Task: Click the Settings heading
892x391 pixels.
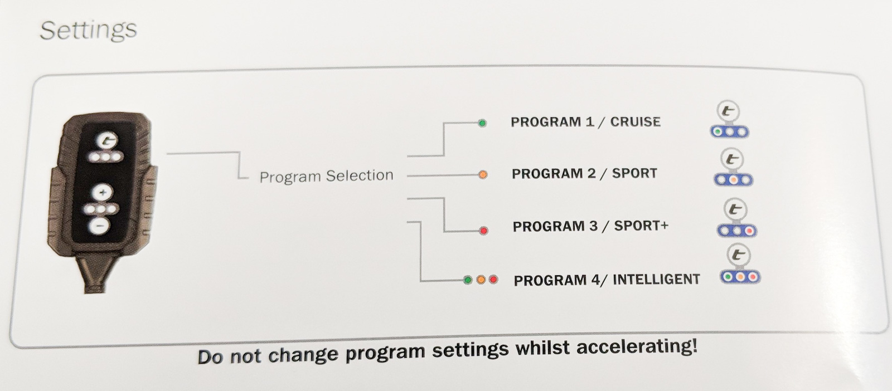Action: (x=89, y=31)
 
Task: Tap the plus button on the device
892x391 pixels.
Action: (x=103, y=193)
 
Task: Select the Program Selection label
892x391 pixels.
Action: (x=326, y=176)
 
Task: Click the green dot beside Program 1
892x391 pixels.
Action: (x=482, y=123)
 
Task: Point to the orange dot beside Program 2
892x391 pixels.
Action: (x=483, y=175)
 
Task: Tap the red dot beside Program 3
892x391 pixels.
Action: (x=483, y=231)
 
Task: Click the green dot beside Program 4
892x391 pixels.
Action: (x=468, y=280)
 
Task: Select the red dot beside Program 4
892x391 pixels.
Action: (x=493, y=280)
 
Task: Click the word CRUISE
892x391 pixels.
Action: (x=635, y=122)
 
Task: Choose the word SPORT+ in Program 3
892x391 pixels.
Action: (x=641, y=226)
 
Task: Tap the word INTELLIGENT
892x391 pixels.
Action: (x=656, y=279)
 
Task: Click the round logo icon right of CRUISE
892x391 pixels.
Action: (x=728, y=111)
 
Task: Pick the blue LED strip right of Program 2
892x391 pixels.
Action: (x=733, y=180)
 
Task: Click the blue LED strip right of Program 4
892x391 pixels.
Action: (x=740, y=277)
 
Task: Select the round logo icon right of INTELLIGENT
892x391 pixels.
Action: (x=738, y=255)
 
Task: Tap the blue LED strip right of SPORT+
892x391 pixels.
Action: (x=737, y=231)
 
